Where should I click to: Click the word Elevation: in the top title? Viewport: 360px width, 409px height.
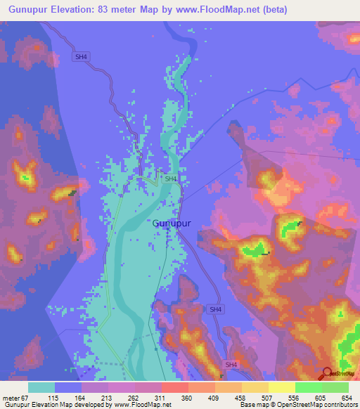click(x=84, y=10)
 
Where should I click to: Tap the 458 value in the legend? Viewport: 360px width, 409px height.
click(x=230, y=398)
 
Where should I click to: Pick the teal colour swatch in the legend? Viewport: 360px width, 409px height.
click(x=41, y=387)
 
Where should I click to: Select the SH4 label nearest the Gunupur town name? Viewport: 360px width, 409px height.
click(x=171, y=179)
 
